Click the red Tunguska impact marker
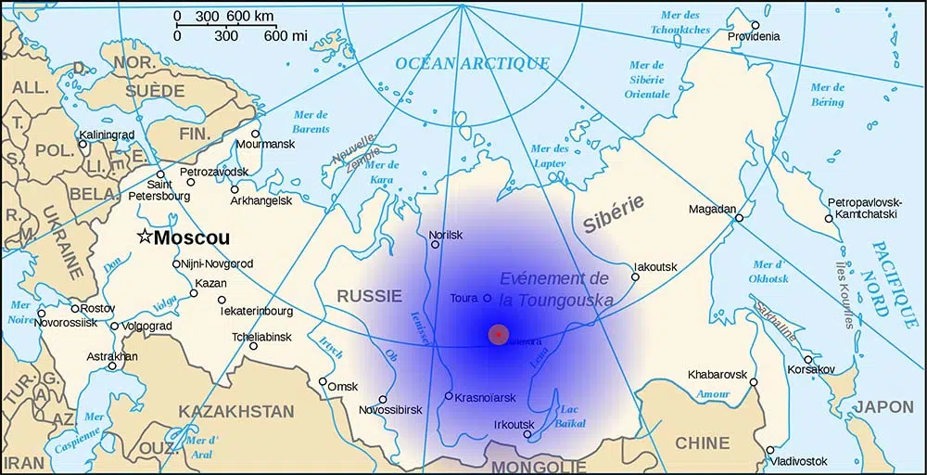[499, 334]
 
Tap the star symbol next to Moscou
[144, 237]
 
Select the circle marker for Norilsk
[435, 246]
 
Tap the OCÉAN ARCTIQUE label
[472, 63]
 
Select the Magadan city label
[712, 209]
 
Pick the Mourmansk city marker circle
[256, 134]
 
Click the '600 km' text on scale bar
[252, 16]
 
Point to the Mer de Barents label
[311, 121]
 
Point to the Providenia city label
[753, 36]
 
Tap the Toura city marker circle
[488, 298]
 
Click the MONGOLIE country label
[539, 466]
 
